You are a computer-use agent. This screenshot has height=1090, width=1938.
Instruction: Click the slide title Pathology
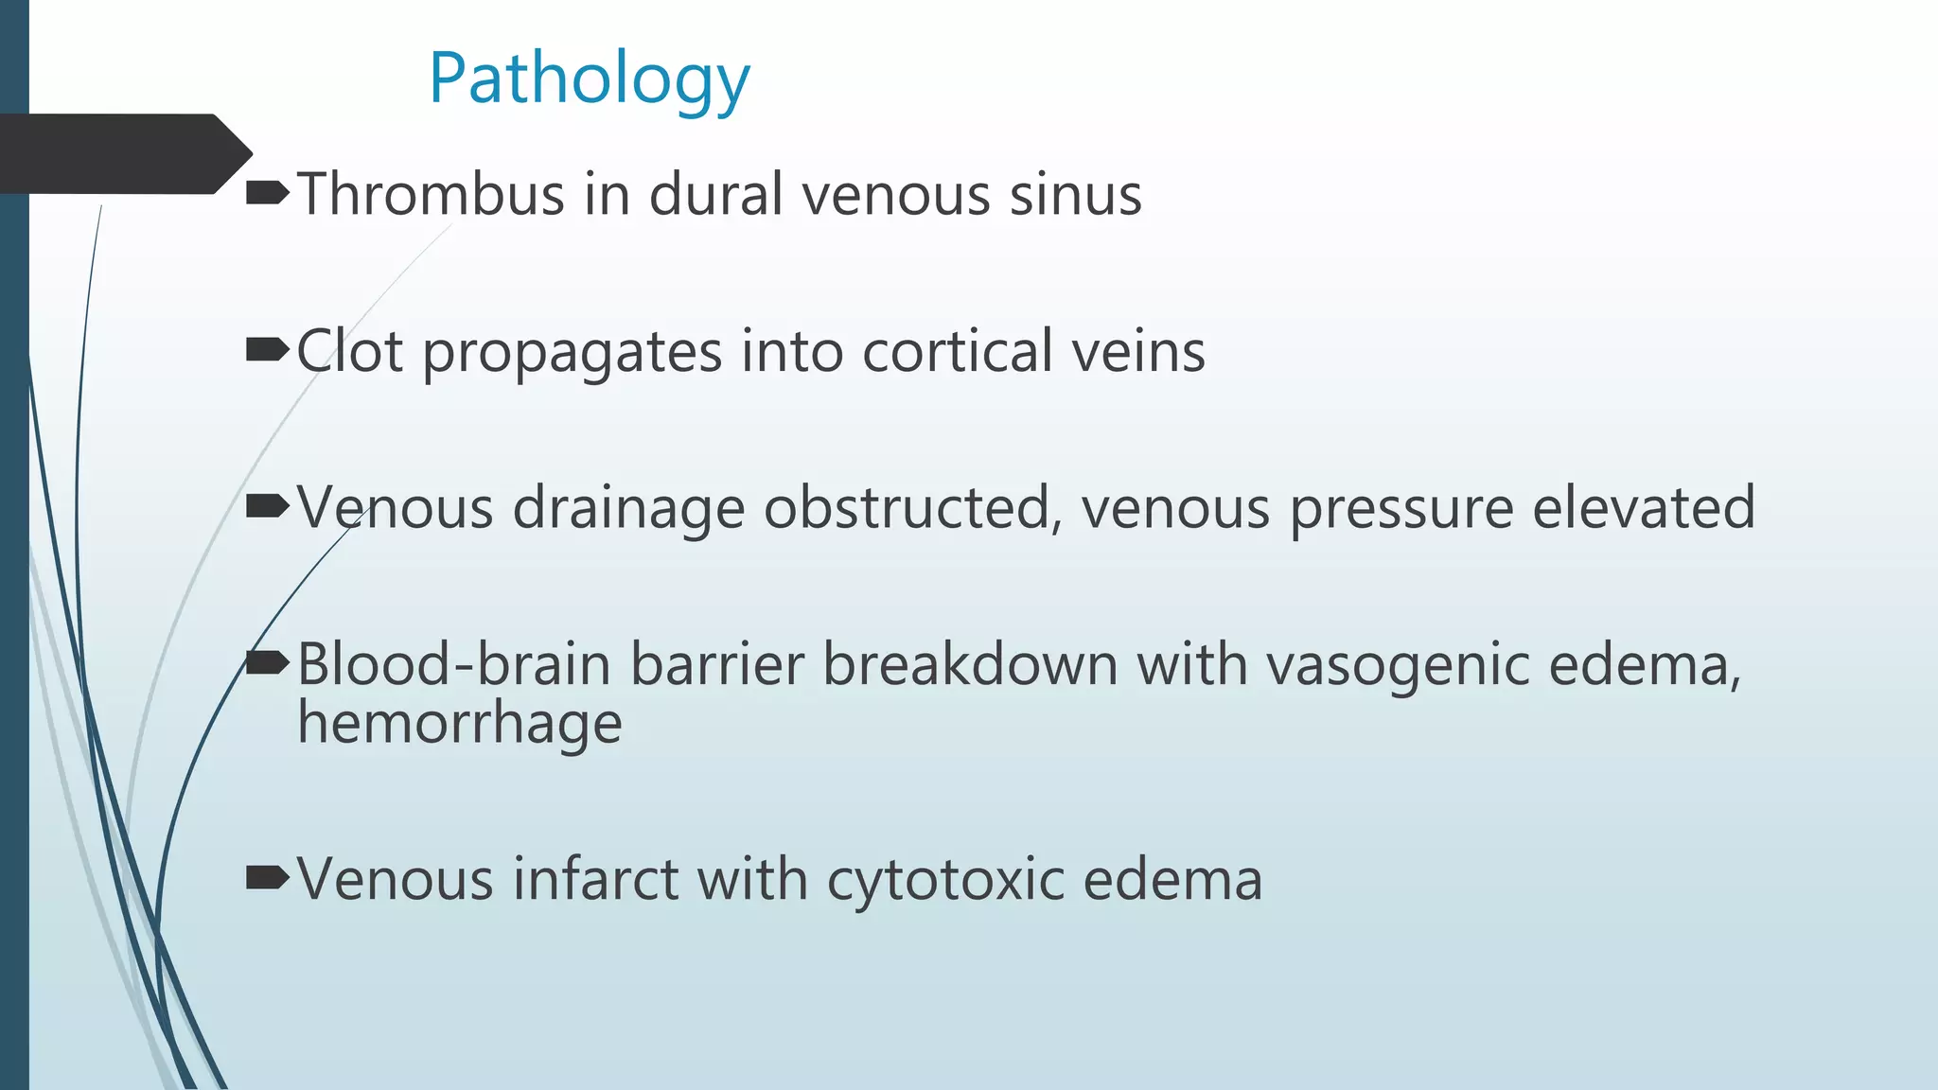tap(589, 79)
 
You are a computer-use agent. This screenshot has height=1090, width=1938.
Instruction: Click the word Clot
tap(350, 352)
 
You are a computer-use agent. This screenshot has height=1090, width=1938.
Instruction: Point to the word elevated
tap(1643, 508)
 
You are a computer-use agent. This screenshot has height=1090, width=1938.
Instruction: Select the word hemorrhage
tap(460, 725)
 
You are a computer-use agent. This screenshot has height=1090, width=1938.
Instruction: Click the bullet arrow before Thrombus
tap(266, 195)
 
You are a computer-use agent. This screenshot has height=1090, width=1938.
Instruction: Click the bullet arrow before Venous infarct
tap(266, 879)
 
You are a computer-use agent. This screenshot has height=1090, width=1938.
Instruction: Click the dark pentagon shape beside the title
tap(123, 154)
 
